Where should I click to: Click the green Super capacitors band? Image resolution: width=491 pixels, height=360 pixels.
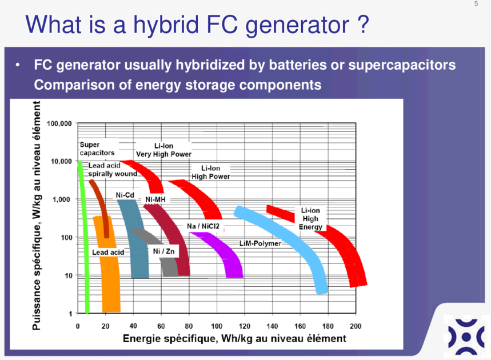84,238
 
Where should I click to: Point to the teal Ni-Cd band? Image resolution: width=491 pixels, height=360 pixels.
135,238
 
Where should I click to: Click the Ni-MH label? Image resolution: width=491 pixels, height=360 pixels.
155,199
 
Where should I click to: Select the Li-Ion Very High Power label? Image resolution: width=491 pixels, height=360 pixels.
163,150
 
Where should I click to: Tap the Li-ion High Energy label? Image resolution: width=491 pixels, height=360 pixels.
310,218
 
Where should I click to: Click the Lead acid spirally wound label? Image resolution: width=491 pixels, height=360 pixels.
113,169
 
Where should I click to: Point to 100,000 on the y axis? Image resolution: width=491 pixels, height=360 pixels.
59,123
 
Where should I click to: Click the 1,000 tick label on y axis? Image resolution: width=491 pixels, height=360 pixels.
61,199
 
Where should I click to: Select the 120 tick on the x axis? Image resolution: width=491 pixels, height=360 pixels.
245,326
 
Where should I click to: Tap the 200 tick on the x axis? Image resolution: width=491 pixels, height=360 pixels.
356,326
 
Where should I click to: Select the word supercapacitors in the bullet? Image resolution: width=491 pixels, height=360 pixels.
402,65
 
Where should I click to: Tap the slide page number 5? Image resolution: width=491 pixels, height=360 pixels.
476,4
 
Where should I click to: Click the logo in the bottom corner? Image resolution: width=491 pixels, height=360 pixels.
466,337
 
